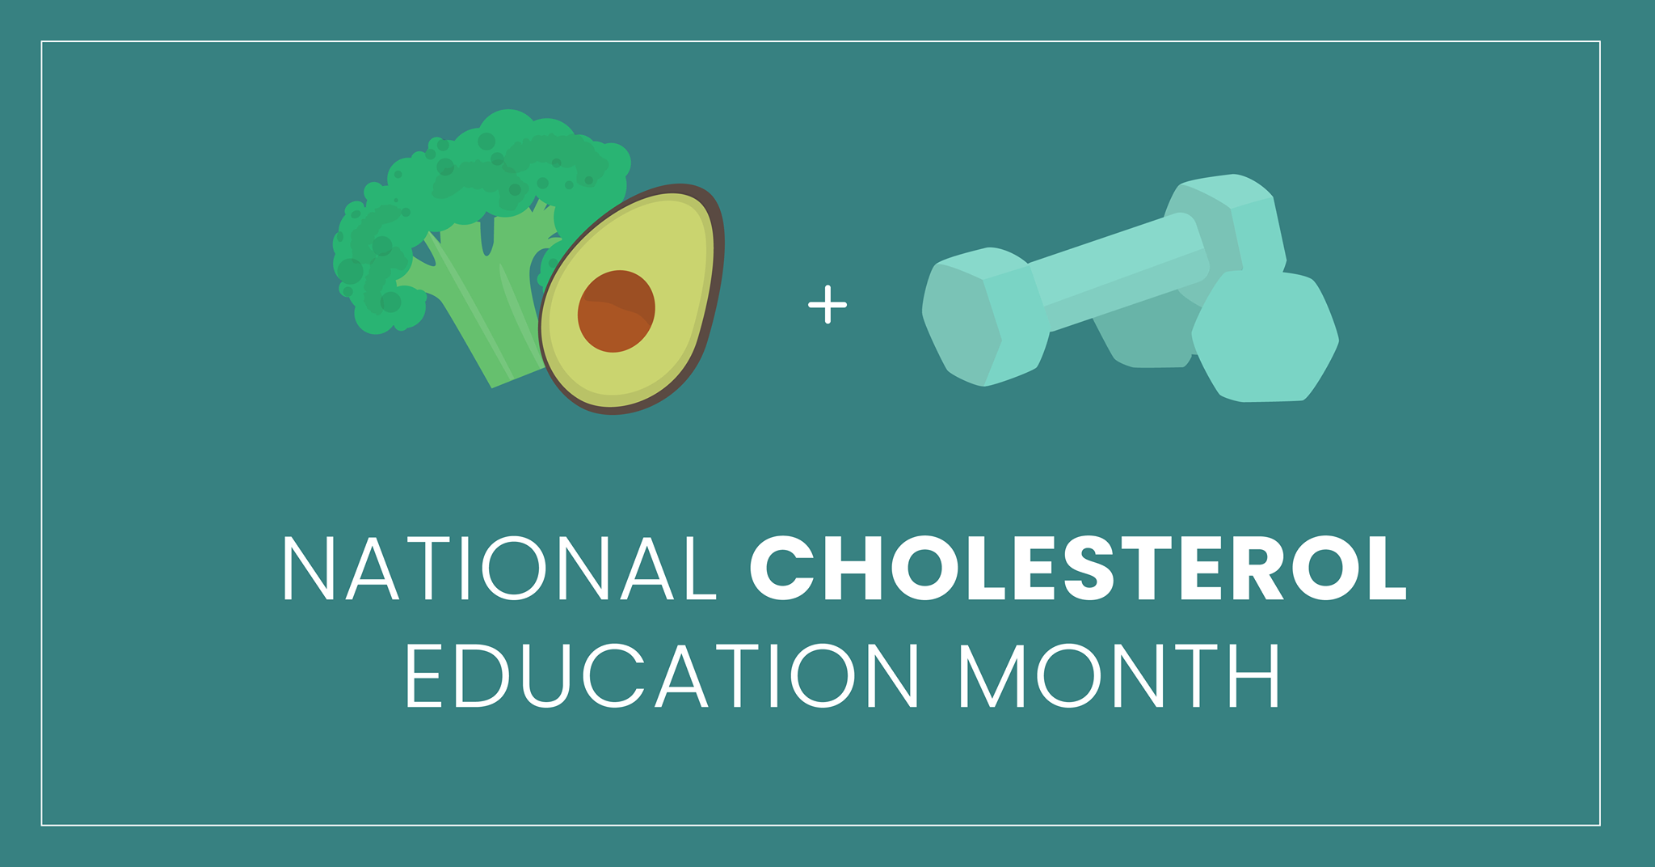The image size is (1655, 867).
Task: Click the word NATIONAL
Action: (x=499, y=567)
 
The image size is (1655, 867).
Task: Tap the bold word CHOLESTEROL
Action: (x=1079, y=567)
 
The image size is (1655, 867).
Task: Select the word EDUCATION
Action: (x=662, y=675)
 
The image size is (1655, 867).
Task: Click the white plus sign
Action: (x=827, y=305)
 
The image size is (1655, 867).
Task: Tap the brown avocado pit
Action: (x=616, y=311)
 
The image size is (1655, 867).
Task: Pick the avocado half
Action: (x=632, y=299)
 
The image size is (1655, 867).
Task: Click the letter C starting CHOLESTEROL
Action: (x=781, y=568)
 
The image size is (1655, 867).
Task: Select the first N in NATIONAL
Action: (x=309, y=568)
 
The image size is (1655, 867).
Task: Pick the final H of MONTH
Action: (x=1254, y=675)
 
